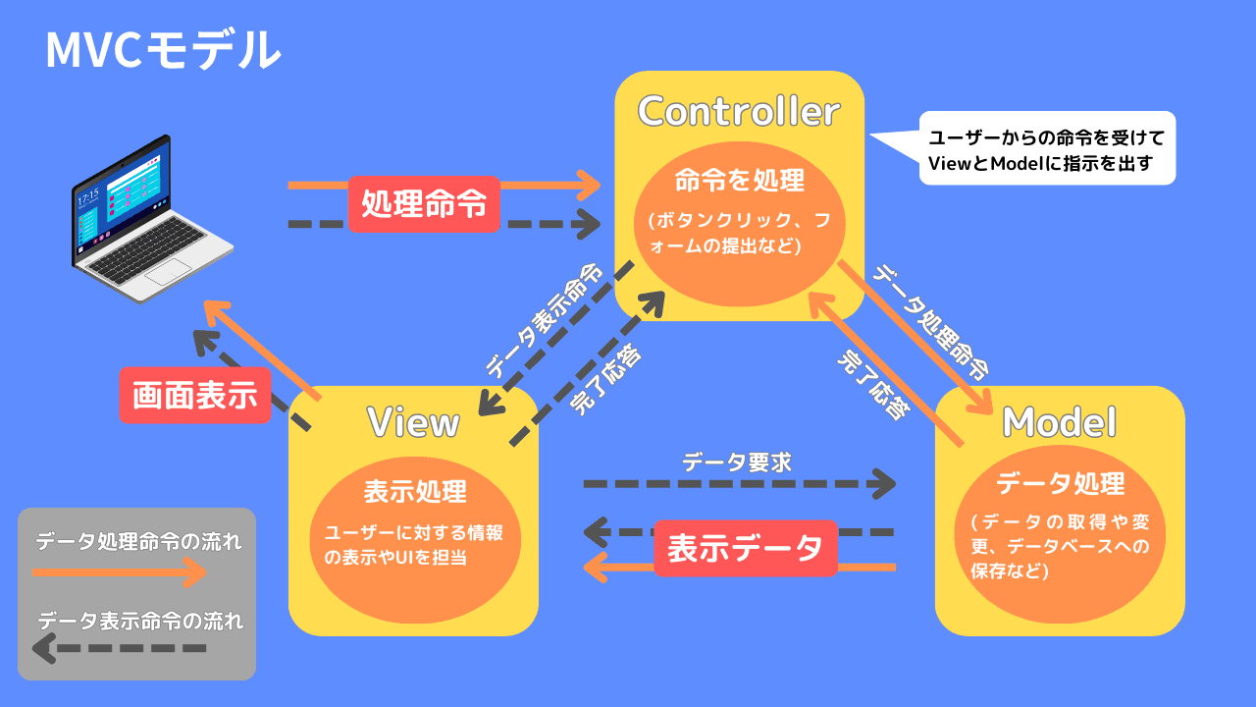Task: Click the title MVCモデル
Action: (x=163, y=50)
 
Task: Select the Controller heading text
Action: (x=739, y=111)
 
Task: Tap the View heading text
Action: (x=413, y=422)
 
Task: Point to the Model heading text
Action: (x=1059, y=422)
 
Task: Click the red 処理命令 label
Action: (x=424, y=204)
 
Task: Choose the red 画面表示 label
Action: (x=195, y=395)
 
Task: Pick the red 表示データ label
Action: (x=745, y=548)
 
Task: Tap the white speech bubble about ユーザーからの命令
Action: (x=1045, y=148)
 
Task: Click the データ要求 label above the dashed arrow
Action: (x=736, y=461)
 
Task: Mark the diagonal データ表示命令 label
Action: (x=544, y=321)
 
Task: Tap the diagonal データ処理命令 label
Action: (x=931, y=321)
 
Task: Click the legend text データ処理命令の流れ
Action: (x=138, y=541)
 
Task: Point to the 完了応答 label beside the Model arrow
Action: (x=870, y=382)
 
